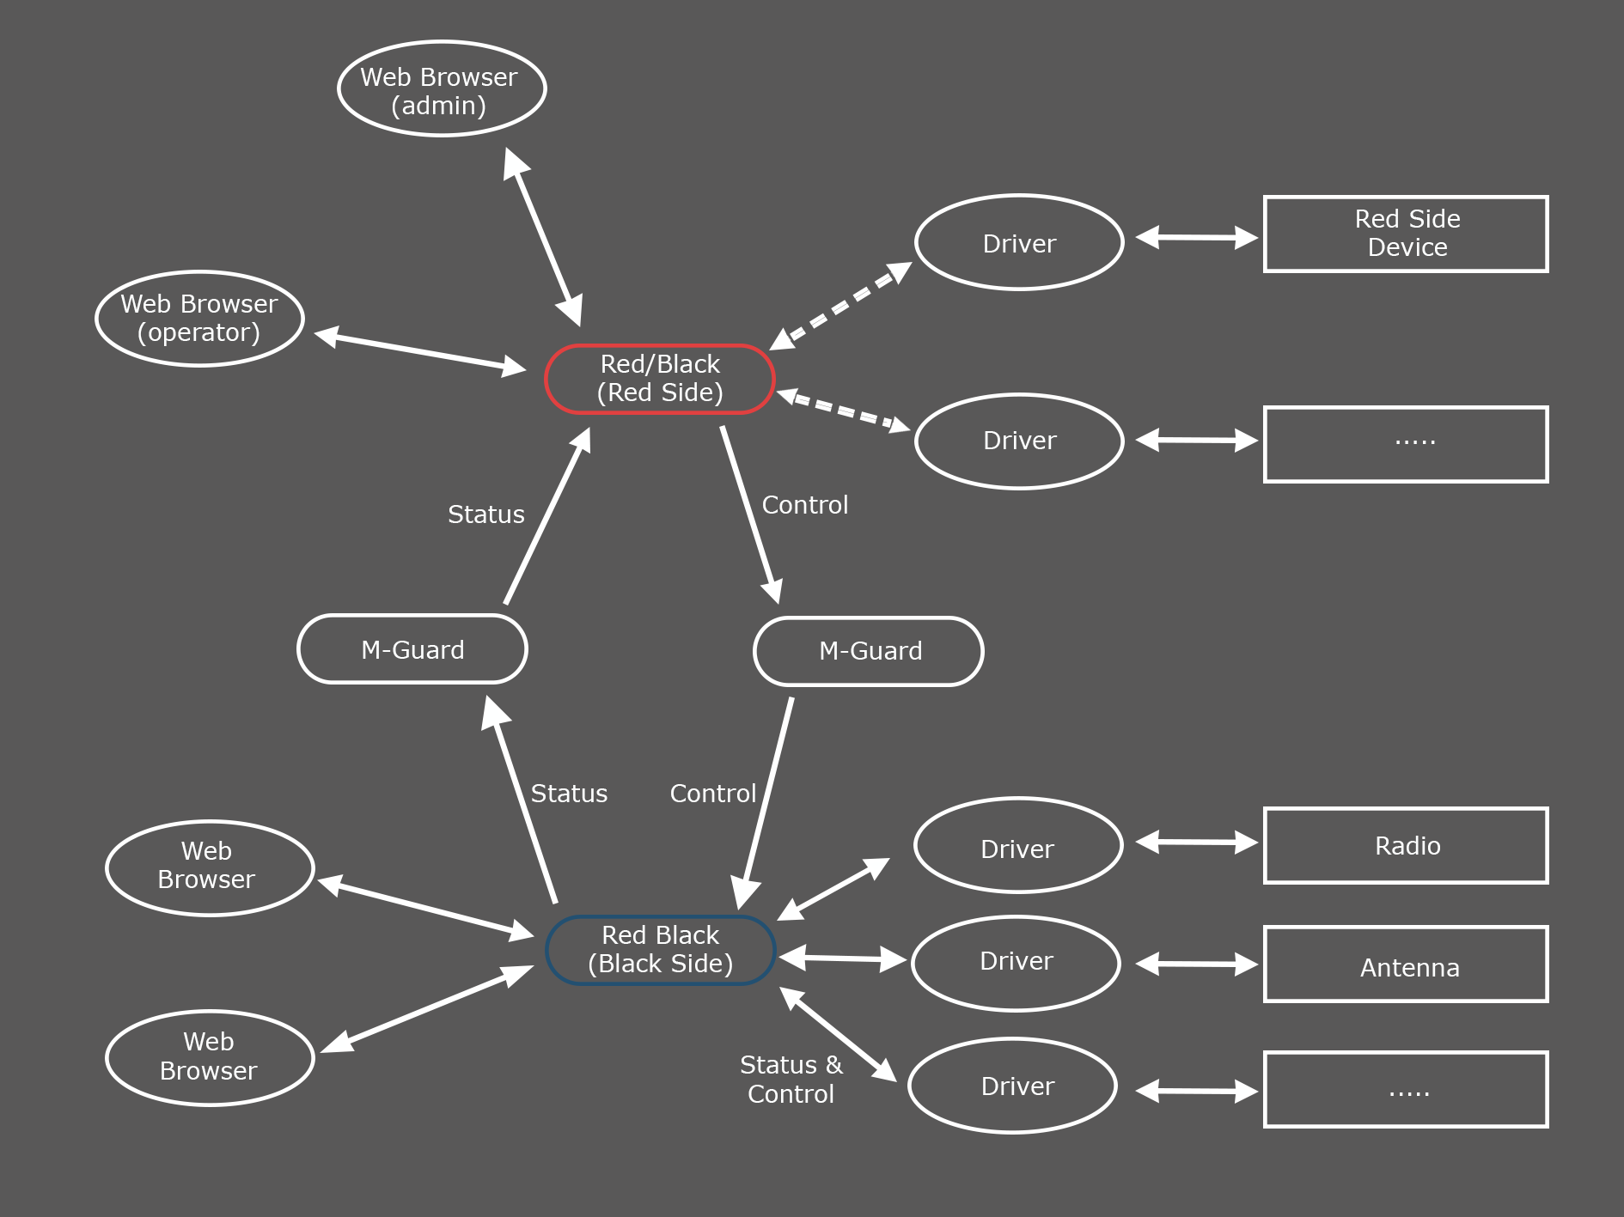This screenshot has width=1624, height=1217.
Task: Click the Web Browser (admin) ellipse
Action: [x=442, y=89]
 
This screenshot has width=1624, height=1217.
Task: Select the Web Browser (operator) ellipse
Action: [x=199, y=319]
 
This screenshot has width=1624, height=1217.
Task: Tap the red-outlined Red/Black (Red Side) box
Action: [x=660, y=379]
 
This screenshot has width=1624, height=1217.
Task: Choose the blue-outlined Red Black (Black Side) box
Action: [x=660, y=950]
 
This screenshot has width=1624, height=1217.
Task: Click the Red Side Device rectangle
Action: [x=1406, y=234]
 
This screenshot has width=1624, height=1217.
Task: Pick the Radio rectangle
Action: [x=1406, y=845]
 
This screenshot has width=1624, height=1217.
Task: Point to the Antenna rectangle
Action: [x=1406, y=964]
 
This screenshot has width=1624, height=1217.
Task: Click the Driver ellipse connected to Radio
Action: [x=1018, y=846]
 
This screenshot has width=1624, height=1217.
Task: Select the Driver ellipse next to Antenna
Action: [x=1016, y=963]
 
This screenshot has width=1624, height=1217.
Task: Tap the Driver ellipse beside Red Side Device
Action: [x=1019, y=243]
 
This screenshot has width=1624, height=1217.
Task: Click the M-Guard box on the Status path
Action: [x=412, y=649]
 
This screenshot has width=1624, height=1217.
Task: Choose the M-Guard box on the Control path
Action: [x=869, y=651]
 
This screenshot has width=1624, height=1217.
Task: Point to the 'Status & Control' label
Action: [x=791, y=1080]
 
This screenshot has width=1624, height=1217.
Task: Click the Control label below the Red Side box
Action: [x=805, y=505]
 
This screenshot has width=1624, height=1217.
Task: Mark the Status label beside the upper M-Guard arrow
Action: [x=486, y=514]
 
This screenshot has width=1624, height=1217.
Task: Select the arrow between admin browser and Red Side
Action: [x=543, y=237]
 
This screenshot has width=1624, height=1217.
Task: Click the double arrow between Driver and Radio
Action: [x=1197, y=842]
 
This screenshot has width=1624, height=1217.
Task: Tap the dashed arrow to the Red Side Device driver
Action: [x=840, y=306]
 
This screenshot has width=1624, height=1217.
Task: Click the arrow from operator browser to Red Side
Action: [x=420, y=351]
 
